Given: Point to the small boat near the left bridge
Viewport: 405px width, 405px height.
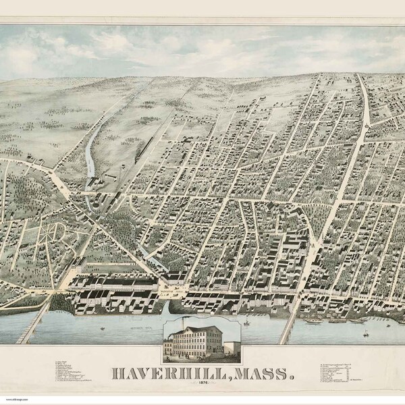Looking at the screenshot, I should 101,330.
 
